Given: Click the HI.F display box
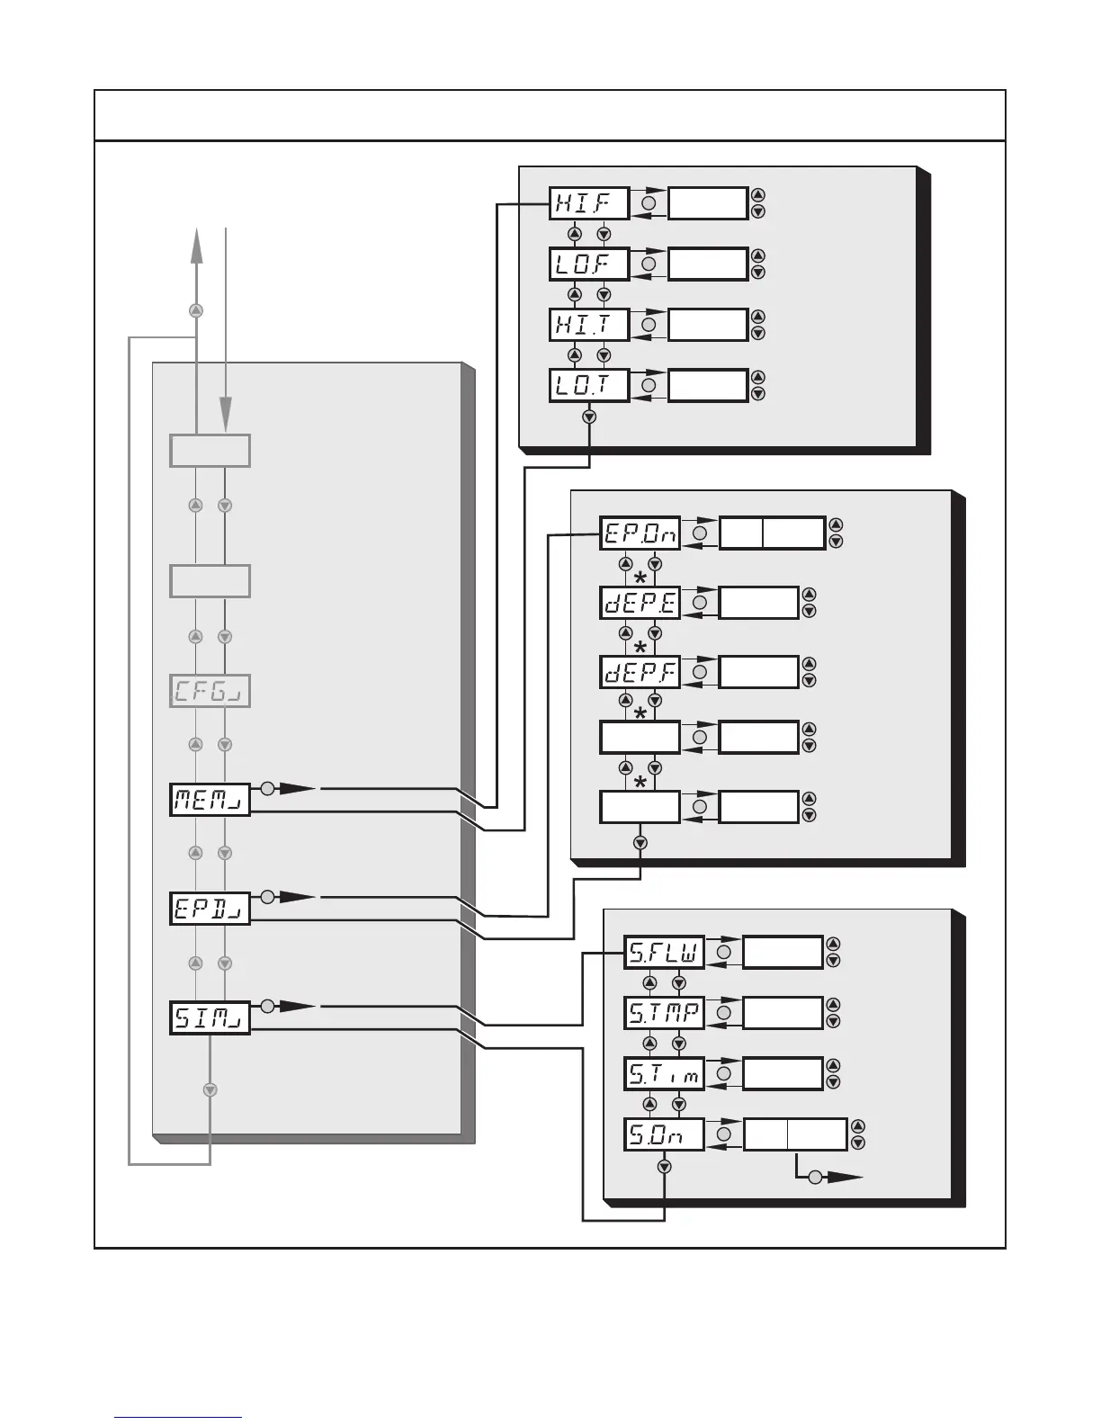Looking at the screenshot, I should pyautogui.click(x=588, y=203).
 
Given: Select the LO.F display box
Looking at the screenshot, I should pyautogui.click(x=588, y=264).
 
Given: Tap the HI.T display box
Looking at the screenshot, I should pyautogui.click(x=588, y=325).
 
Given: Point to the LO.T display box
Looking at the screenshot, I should pyautogui.click(x=588, y=386).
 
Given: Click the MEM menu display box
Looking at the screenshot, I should pyautogui.click(x=210, y=799).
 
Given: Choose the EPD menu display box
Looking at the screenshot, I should pyautogui.click(x=210, y=908).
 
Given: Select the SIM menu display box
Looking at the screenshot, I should pyautogui.click(x=210, y=1017).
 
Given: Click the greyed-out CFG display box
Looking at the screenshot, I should pyautogui.click(x=210, y=691).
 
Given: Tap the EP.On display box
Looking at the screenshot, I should pyautogui.click(x=640, y=533).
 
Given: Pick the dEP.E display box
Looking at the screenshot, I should pyautogui.click(x=640, y=603).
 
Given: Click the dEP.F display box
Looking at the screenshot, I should pyautogui.click(x=640, y=672).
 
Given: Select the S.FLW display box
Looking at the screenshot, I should pyautogui.click(x=664, y=952).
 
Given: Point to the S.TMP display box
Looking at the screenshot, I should pyautogui.click(x=664, y=1013).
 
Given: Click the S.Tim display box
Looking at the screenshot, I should pyautogui.click(x=664, y=1073).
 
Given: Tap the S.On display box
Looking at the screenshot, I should pyautogui.click(x=664, y=1134).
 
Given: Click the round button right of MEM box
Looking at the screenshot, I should pyautogui.click(x=267, y=789).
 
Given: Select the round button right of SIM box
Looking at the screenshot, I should pyautogui.click(x=267, y=1005).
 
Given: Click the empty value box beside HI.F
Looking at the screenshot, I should pyautogui.click(x=708, y=203).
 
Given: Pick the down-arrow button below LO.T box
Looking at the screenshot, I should pyautogui.click(x=589, y=417).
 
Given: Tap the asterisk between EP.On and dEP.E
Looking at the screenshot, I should pyautogui.click(x=640, y=577).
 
